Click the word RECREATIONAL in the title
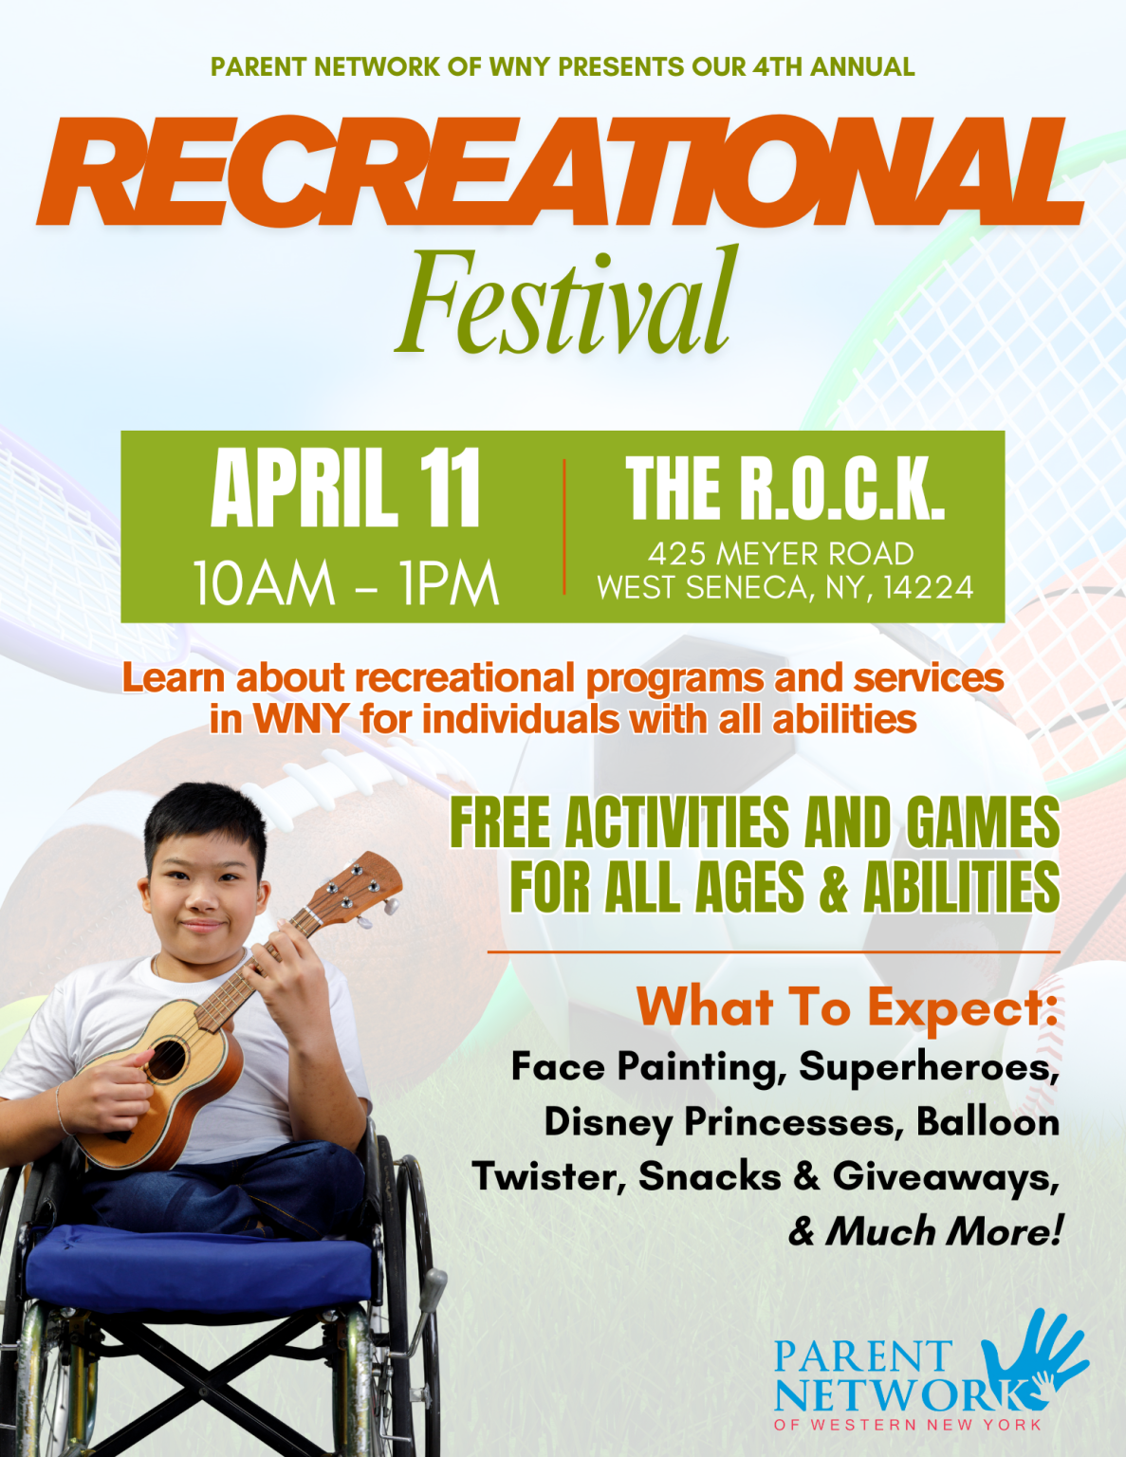[x=560, y=173]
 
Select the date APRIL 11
[x=345, y=489]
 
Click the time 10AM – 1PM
[x=345, y=582]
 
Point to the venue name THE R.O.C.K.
[x=785, y=489]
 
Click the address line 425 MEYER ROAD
[x=781, y=553]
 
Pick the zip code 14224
[x=928, y=588]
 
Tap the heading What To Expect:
[x=847, y=1005]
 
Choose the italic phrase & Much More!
[x=925, y=1231]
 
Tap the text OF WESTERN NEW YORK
[x=907, y=1425]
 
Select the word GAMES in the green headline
[x=983, y=822]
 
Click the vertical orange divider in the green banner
[x=564, y=526]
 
